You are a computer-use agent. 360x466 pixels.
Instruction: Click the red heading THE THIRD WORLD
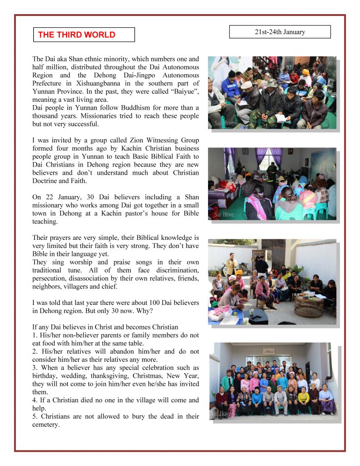pyautogui.click(x=76, y=35)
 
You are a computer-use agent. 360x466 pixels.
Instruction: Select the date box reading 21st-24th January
pyautogui.click(x=279, y=32)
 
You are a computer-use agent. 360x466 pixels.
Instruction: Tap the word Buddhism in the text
pyautogui.click(x=128, y=108)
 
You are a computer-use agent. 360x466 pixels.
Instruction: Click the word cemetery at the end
pyautogui.click(x=46, y=425)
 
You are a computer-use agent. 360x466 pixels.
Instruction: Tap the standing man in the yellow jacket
pyautogui.click(x=232, y=264)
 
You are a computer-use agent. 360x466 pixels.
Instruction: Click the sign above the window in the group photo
pyautogui.click(x=269, y=351)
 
